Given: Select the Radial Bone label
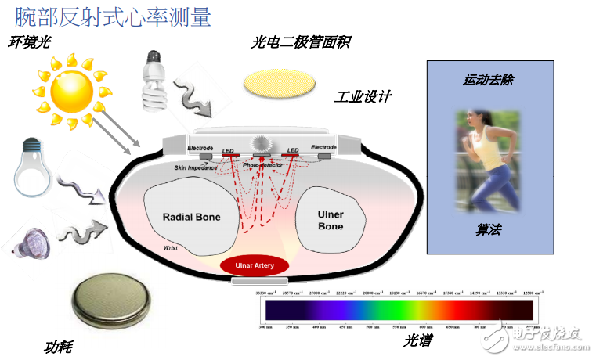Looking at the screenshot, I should click(x=190, y=217).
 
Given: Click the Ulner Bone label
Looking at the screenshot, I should click(x=331, y=220).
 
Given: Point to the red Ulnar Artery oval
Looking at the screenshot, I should click(x=254, y=266).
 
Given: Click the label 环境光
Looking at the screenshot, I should click(x=31, y=42).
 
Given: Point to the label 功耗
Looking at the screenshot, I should click(x=58, y=345).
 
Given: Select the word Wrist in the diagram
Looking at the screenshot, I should click(x=172, y=247).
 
